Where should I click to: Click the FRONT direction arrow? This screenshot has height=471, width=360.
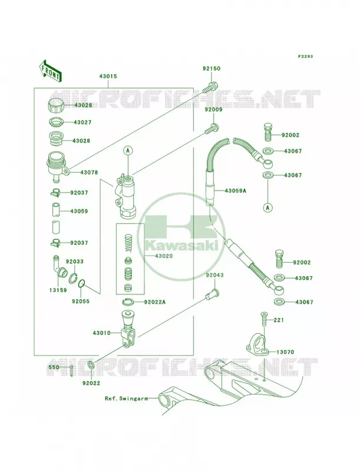pos(50,71)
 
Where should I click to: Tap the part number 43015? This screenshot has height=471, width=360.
pos(108,77)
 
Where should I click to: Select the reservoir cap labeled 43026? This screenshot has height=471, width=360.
pos(56,105)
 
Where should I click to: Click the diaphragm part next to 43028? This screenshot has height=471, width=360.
pos(56,138)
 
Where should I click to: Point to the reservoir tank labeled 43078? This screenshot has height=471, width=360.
pos(58,167)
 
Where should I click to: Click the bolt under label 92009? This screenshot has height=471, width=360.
pos(212,128)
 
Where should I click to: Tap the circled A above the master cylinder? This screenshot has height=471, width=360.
pos(128,151)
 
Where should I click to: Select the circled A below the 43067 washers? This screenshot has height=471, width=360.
pos(267,207)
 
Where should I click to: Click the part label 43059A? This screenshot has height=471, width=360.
pos(235,190)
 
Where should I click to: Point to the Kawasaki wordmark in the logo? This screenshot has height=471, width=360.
pos(181,246)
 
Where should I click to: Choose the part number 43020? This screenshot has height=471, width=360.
pos(164,256)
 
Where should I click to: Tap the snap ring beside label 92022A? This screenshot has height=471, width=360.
pos(128,301)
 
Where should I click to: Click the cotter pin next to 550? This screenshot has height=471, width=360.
pos(71,370)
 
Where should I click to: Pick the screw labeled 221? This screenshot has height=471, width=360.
pos(263,320)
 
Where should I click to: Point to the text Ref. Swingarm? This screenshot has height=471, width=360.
pos(127,399)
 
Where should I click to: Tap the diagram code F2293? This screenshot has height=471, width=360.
pos(305,56)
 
